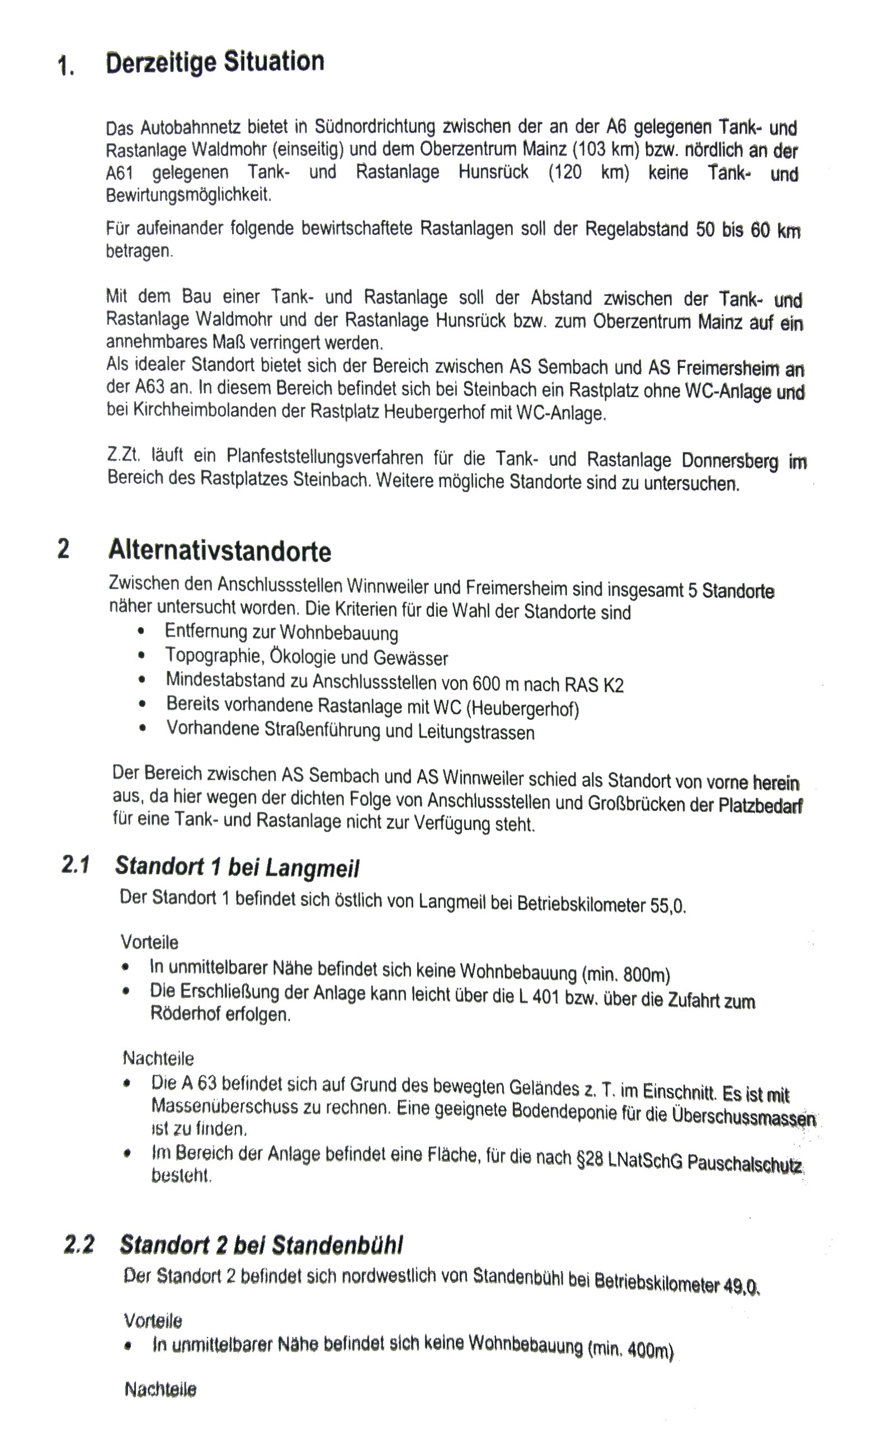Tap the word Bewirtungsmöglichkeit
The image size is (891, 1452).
click(188, 195)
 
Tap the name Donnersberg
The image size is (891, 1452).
click(729, 460)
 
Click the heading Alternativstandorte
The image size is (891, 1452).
click(220, 551)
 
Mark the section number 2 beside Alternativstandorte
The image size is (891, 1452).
click(63, 549)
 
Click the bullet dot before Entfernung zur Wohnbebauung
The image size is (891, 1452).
click(141, 631)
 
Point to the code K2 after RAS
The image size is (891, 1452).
click(613, 685)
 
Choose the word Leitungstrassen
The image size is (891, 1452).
click(476, 733)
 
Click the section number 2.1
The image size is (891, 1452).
click(76, 865)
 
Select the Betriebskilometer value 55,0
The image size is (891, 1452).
click(668, 905)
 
